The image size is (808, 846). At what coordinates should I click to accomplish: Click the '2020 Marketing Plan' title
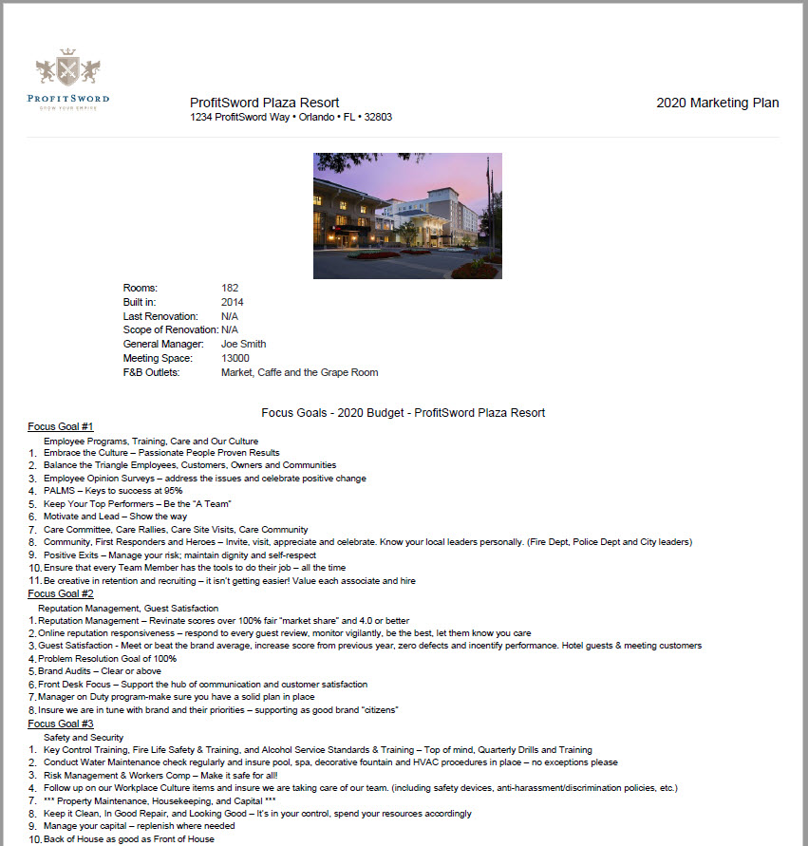pyautogui.click(x=717, y=103)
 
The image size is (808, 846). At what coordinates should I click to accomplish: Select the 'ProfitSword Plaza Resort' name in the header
pyautogui.click(x=264, y=103)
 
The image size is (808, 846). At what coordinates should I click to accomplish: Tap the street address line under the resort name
pyautogui.click(x=291, y=118)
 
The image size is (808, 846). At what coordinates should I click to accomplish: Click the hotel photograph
pyautogui.click(x=407, y=216)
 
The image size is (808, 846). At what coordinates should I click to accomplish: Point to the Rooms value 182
pyautogui.click(x=230, y=288)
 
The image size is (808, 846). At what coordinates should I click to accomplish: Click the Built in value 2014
pyautogui.click(x=233, y=302)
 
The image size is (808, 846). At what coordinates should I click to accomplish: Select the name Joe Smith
pyautogui.click(x=243, y=344)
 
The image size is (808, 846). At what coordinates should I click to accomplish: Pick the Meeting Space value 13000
pyautogui.click(x=235, y=358)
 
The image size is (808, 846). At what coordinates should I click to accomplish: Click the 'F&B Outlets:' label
pyautogui.click(x=151, y=372)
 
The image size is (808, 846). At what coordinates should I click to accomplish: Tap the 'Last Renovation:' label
pyautogui.click(x=160, y=316)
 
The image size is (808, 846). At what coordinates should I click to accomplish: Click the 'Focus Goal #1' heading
pyautogui.click(x=61, y=426)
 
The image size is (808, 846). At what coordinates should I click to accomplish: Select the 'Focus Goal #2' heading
pyautogui.click(x=61, y=593)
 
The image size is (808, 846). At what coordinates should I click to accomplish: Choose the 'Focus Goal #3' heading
pyautogui.click(x=61, y=723)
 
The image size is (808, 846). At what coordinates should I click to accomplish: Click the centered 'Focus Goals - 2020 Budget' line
pyautogui.click(x=403, y=412)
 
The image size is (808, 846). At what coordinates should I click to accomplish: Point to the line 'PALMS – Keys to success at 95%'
pyautogui.click(x=113, y=491)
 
